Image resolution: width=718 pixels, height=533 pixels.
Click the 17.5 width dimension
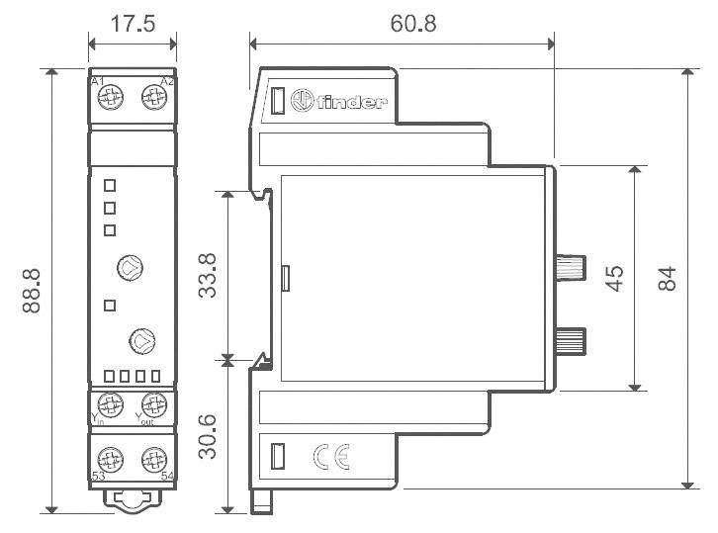[x=132, y=22]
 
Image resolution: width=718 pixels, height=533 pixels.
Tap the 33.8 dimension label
[x=208, y=276]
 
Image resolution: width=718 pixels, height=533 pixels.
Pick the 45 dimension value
[x=614, y=278]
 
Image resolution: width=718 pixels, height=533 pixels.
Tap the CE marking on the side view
[x=329, y=456]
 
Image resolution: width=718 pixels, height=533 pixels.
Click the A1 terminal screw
[x=112, y=96]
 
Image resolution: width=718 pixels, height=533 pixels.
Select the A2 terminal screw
[x=153, y=96]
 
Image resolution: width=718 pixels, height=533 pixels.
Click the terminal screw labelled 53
[x=112, y=459]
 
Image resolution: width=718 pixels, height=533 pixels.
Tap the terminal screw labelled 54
[x=153, y=459]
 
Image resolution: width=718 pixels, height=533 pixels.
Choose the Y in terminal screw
[x=112, y=404]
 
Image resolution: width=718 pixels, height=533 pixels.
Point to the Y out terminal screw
[x=153, y=404]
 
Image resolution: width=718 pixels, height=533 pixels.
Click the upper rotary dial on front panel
[x=130, y=267]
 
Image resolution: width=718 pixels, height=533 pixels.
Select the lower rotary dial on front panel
[x=142, y=340]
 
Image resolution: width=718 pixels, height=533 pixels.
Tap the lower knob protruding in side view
[x=572, y=341]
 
